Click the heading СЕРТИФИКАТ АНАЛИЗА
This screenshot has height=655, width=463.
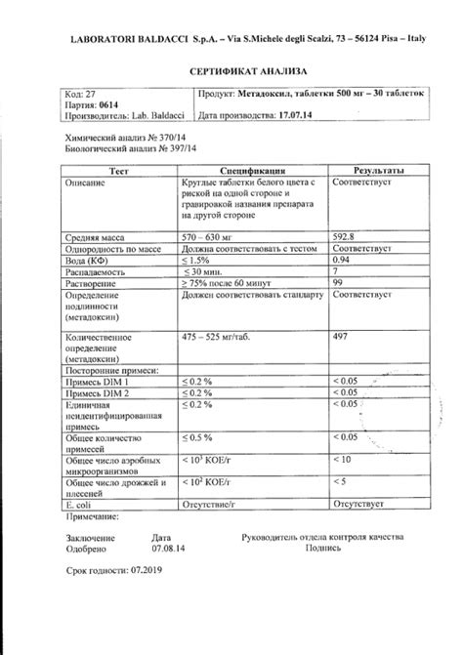tap(231, 72)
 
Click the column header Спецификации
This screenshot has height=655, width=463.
tap(252, 170)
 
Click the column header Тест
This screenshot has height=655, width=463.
tap(118, 170)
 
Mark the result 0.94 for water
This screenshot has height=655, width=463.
tap(343, 260)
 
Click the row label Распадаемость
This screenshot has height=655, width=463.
tap(101, 271)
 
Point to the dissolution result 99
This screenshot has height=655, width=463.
tap(339, 283)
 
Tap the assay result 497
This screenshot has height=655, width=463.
tap(341, 336)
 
